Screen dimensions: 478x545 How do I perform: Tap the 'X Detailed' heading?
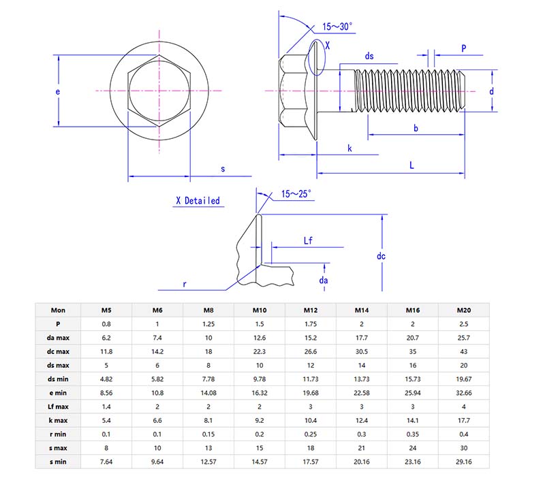pos(198,201)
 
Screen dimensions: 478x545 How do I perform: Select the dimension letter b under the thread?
pos(416,127)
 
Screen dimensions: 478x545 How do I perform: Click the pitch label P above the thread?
pos(463,48)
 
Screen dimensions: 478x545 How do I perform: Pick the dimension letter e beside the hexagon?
pos(59,91)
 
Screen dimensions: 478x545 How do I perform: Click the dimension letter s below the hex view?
pos(222,168)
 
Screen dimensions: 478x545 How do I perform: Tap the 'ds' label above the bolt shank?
pos(369,56)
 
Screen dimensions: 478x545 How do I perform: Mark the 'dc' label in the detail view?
pos(381,256)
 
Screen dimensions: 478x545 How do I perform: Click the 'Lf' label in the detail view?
pos(308,240)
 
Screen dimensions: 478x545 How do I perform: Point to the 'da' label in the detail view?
pos(324,280)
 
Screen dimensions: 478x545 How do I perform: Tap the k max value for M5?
pos(106,421)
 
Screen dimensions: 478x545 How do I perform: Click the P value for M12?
pos(311,324)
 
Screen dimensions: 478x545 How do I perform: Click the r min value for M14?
pos(362,434)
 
